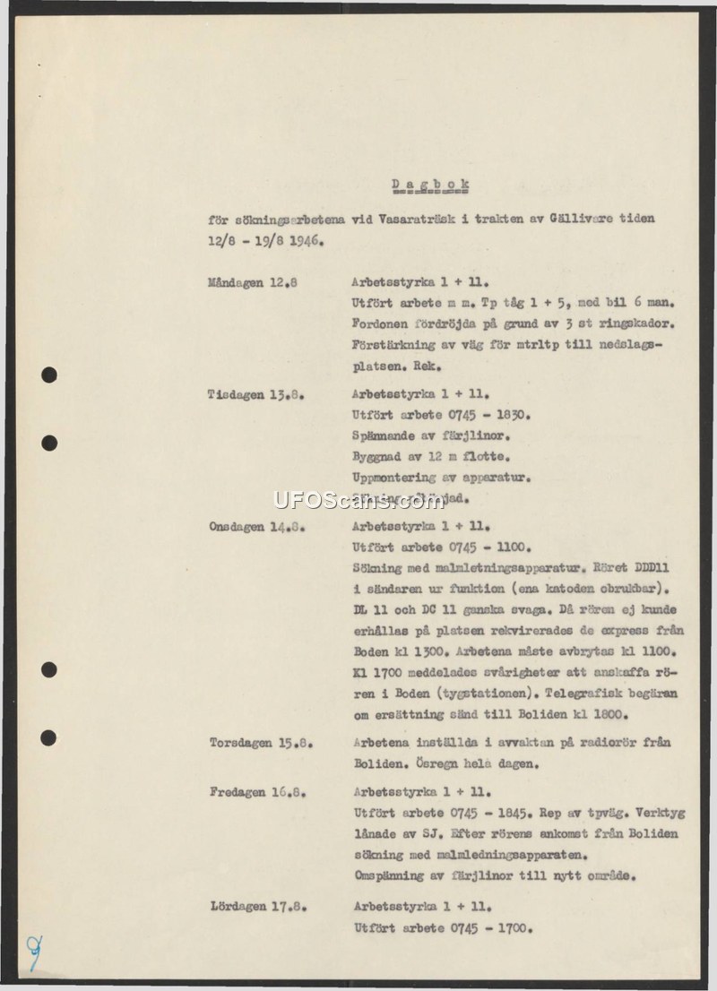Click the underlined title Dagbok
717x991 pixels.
tap(430, 185)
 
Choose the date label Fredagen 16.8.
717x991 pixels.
tap(256, 793)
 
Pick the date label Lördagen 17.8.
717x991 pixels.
tap(258, 906)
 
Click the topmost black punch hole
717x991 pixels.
tap(49, 375)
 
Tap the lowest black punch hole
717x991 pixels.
tap(48, 737)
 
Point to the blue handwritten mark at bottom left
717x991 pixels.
tap(34, 952)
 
